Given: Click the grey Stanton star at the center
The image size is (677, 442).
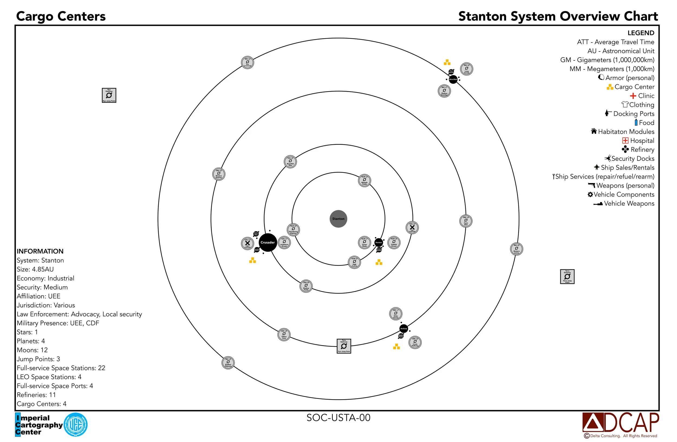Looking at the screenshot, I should click(x=338, y=219).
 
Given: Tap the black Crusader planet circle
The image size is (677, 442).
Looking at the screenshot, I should click(x=267, y=242).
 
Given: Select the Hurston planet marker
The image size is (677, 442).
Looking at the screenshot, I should click(x=379, y=242).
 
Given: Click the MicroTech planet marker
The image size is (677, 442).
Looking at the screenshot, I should click(x=453, y=79).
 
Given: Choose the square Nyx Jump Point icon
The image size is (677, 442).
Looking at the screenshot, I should click(x=109, y=95).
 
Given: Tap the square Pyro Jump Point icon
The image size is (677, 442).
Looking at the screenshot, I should click(x=344, y=346).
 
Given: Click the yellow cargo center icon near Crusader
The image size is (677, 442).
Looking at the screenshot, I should click(x=252, y=260).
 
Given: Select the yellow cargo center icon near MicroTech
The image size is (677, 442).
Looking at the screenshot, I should click(x=447, y=62).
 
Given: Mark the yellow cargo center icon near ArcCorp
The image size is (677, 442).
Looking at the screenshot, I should click(x=396, y=347).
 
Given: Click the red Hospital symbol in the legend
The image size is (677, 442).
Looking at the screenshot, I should click(x=625, y=140).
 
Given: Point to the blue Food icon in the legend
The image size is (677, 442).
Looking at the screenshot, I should click(x=636, y=123).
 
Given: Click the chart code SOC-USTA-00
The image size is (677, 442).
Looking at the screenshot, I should click(x=338, y=418).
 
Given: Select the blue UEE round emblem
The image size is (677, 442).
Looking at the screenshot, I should click(x=75, y=425).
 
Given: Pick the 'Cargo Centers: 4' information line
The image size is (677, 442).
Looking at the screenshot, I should click(x=41, y=403).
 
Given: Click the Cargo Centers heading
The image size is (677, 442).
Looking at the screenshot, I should click(x=61, y=16).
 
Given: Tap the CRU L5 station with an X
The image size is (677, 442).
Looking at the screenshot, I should click(x=412, y=227).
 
